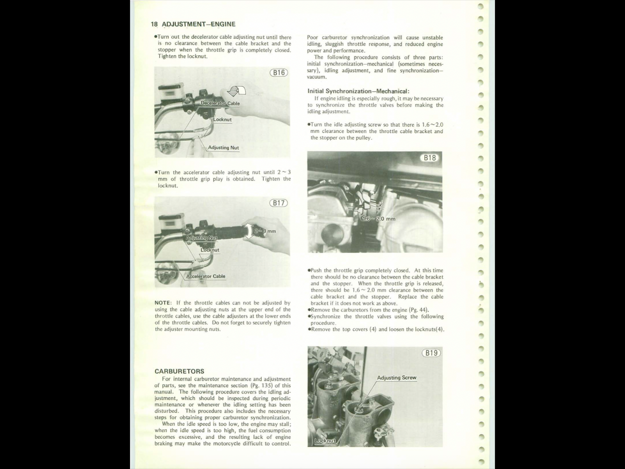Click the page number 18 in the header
154,24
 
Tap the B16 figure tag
279,73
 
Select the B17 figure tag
279,203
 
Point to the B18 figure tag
430,158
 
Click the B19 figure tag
431,353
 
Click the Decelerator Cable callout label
220,103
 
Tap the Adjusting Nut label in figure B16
223,148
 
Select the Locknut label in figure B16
222,120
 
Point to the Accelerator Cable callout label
205,276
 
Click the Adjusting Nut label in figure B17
202,238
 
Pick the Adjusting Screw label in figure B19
396,378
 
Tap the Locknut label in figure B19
325,441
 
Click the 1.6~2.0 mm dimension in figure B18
379,219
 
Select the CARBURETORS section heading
179,371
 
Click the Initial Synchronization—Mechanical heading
358,91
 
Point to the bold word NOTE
163,303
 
